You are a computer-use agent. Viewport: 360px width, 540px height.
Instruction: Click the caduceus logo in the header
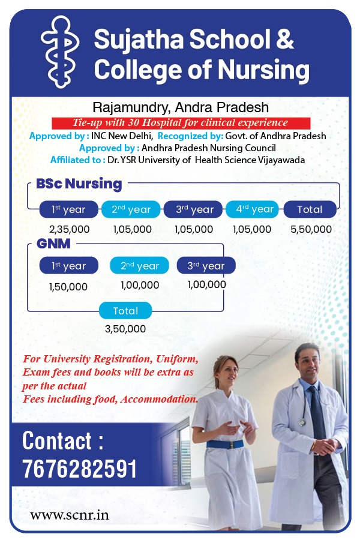[x=60, y=52]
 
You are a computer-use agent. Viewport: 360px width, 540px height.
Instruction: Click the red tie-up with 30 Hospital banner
[x=181, y=123]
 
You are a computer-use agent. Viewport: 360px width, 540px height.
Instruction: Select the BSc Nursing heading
[x=79, y=184]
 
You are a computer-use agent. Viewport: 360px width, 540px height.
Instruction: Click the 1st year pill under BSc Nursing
[x=68, y=209]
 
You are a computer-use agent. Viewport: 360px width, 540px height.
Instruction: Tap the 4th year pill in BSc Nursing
[x=252, y=209]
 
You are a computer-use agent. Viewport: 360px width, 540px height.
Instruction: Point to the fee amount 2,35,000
[x=69, y=229]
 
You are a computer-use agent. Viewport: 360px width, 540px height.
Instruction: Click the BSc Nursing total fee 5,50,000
[x=311, y=229]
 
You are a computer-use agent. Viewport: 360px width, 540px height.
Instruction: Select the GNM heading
[x=53, y=244]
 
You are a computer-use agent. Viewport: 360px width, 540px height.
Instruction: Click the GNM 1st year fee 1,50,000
[x=68, y=287]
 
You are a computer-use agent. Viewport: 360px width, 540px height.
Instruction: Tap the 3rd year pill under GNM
[x=206, y=266]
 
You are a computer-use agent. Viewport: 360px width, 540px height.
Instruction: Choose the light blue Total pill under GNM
[x=125, y=311]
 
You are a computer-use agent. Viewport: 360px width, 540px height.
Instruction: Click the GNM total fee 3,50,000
[x=125, y=329]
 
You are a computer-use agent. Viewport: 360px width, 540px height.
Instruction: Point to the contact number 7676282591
[x=79, y=469]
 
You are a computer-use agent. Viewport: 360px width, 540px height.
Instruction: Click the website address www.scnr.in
[x=70, y=515]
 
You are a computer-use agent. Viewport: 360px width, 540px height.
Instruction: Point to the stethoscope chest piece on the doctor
[x=303, y=422]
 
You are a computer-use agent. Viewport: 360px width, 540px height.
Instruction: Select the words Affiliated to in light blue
[x=77, y=160]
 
